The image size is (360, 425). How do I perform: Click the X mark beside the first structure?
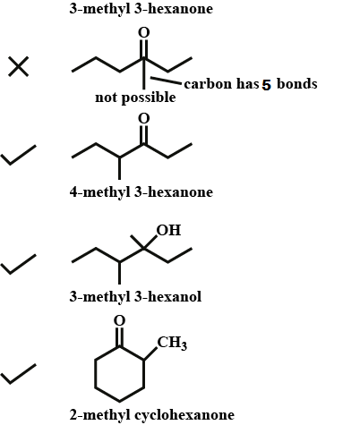pos(19,66)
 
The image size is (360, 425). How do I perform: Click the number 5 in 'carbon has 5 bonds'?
pos(266,85)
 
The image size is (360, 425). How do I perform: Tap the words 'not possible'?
pos(135,98)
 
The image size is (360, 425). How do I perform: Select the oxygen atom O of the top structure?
pos(143,32)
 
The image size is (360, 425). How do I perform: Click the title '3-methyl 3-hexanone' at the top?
pos(141,9)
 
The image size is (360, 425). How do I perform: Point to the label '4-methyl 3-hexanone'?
pos(141,191)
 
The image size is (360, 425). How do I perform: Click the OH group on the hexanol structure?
pos(168,230)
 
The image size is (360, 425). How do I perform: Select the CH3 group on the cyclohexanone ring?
pos(172,343)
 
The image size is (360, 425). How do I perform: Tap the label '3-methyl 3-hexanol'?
pos(135,297)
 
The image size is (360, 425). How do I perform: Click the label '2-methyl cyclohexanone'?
pos(152,415)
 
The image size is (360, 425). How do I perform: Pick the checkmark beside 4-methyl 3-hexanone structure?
pos(18,155)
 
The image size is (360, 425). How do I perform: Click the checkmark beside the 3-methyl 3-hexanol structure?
pos(18,264)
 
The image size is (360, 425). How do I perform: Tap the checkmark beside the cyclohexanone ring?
pos(18,374)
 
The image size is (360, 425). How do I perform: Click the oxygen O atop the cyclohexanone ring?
pos(119,320)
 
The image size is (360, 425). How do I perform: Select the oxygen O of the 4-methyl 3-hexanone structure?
pos(143,118)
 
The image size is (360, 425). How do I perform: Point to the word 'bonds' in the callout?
pos(297,84)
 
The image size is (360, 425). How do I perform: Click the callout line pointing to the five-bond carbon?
pos(166,81)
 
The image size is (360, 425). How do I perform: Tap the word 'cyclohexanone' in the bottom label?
pos(184,415)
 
